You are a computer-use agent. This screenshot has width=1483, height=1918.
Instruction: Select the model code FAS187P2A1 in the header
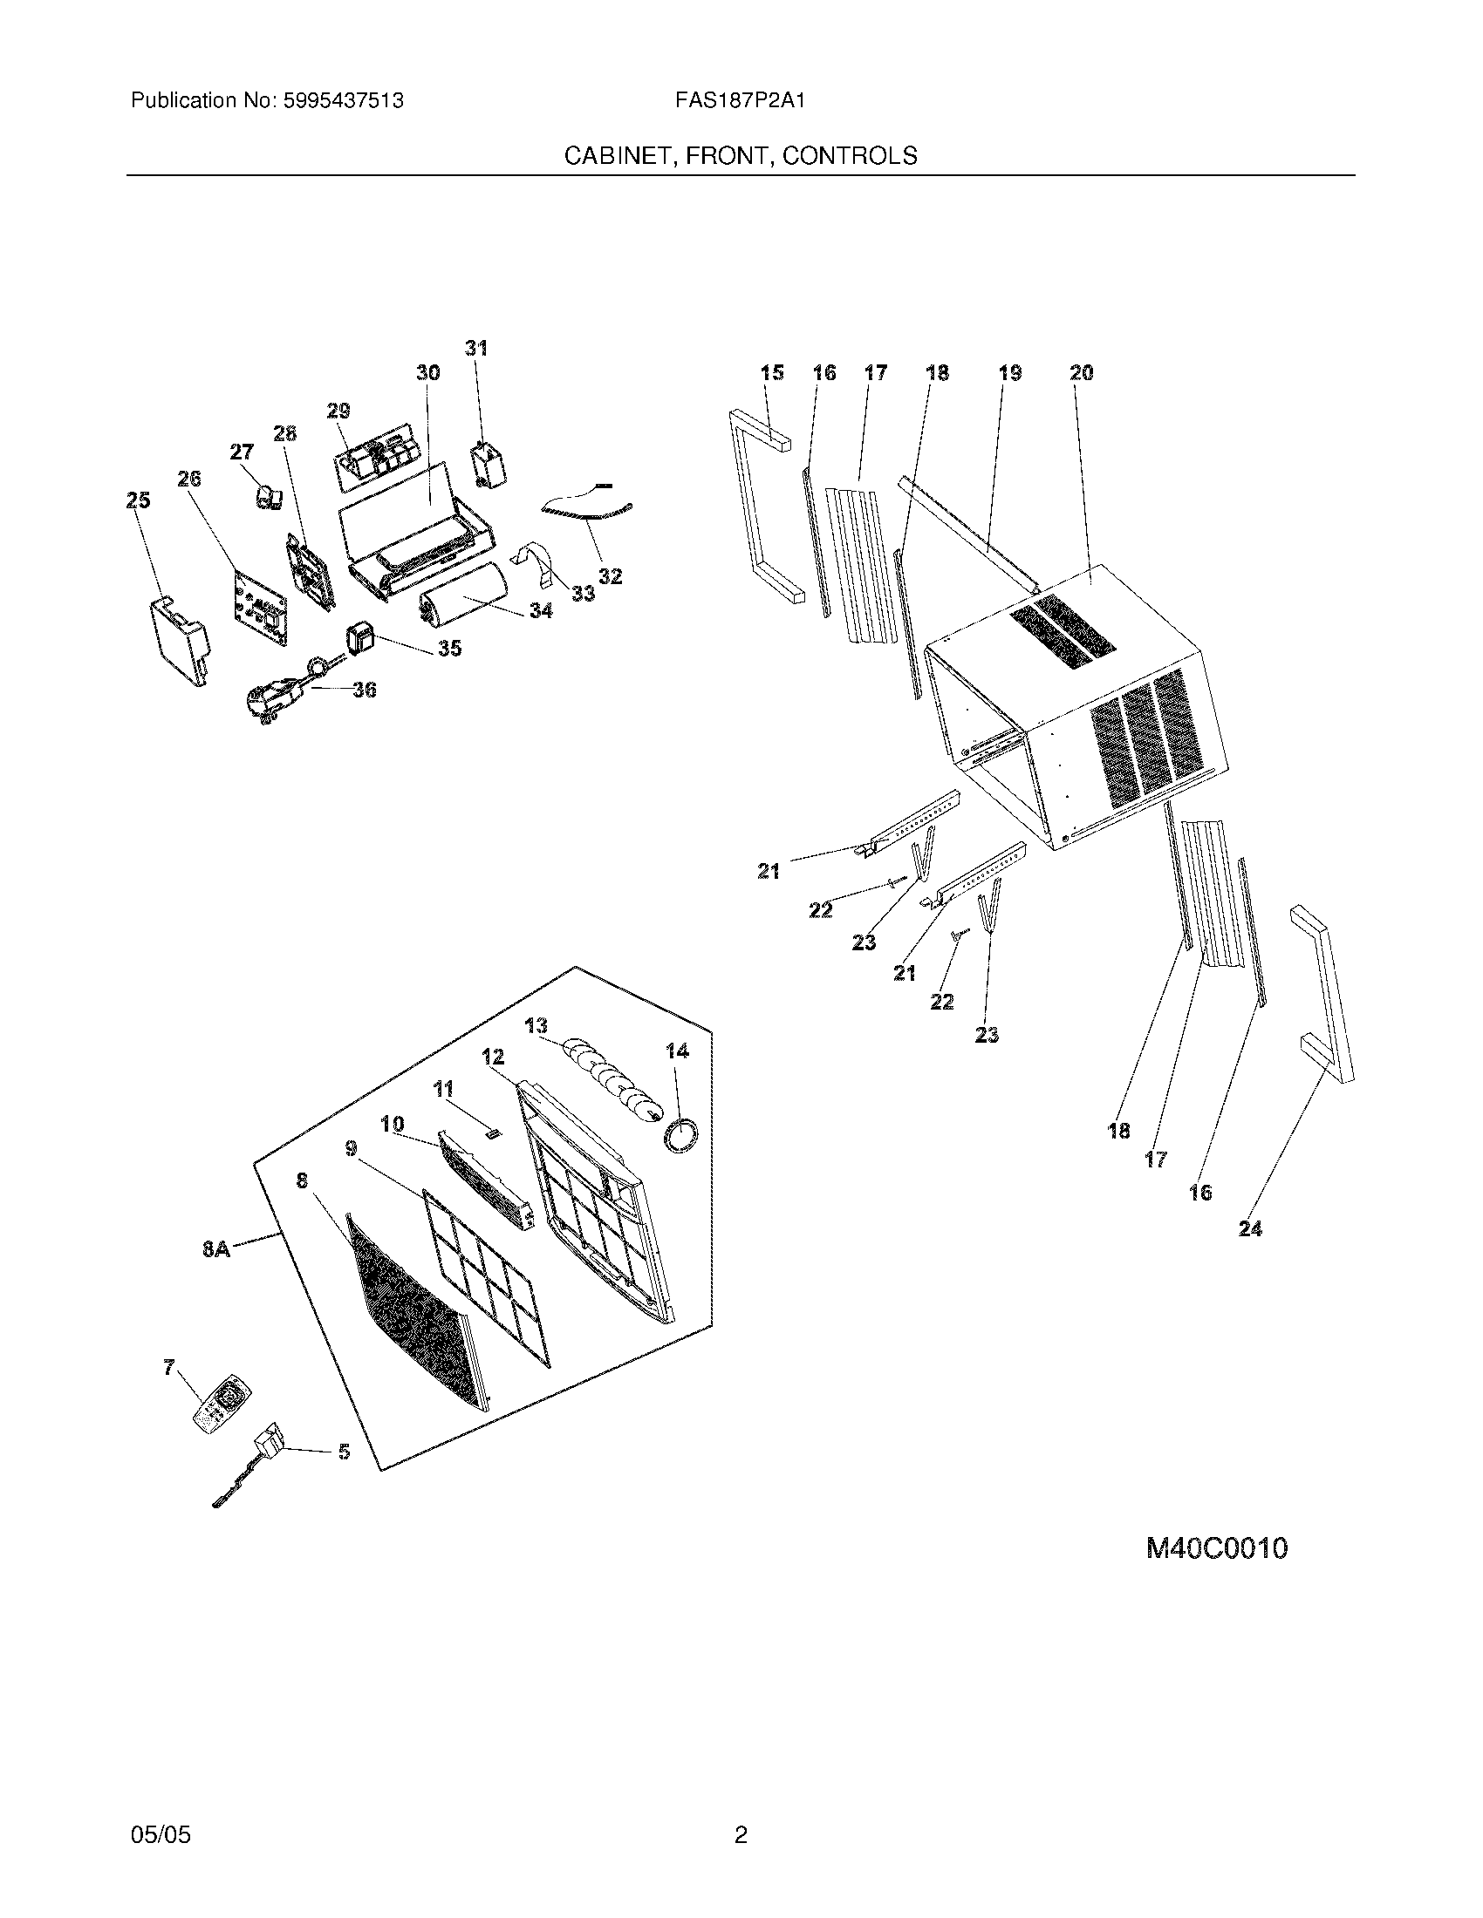pos(740,101)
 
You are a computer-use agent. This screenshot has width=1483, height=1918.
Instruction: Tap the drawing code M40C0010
pos(1217,1547)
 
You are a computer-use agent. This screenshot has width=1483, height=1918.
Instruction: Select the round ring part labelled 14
pos(682,1134)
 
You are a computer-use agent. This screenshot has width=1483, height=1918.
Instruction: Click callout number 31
pos(476,349)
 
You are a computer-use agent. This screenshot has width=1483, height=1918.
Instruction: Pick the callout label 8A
pos(216,1248)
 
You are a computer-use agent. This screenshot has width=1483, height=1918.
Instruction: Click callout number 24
pos(1250,1228)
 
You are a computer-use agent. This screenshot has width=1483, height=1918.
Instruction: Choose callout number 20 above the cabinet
pos(1082,373)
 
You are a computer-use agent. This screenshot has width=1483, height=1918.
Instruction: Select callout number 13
pos(536,1026)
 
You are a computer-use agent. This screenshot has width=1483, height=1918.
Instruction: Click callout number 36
pos(365,690)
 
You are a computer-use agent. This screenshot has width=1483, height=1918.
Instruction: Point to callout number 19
pos(1010,373)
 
